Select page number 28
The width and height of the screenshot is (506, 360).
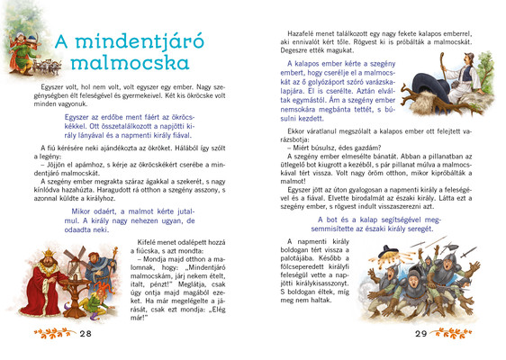pos(86,333)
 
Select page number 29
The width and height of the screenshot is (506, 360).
pos(420,333)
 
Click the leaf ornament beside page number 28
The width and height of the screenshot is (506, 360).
pos(53,333)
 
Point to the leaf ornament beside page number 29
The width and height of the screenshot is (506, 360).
pos(455,333)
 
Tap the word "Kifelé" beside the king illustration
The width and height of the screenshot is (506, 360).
pos(120,243)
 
